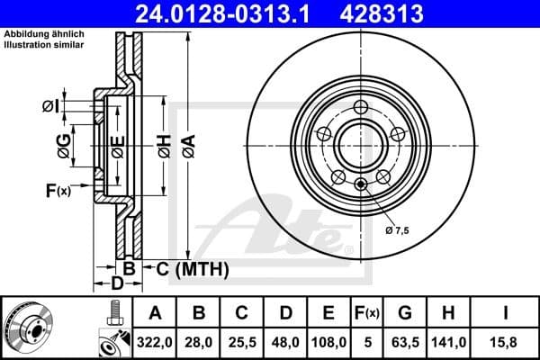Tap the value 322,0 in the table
pos(155,341)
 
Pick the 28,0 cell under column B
pos(200,341)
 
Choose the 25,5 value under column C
pos(243,341)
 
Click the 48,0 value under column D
pos(286,341)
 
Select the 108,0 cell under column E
pos(329,341)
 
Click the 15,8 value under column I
pos(505,341)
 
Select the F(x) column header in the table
pos(367,312)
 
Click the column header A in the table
pos(155,312)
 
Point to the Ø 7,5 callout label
pos(397,230)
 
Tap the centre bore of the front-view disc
pos(359,145)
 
